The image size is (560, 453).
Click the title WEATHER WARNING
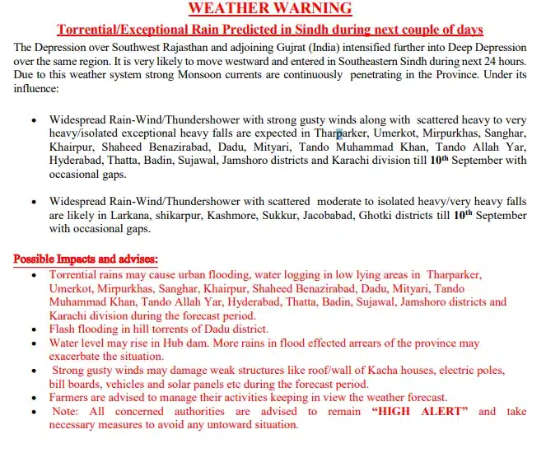pyautogui.click(x=270, y=9)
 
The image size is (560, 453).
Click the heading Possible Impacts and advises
pyautogui.click(x=86, y=259)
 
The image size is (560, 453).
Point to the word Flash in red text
pyautogui.click(x=64, y=329)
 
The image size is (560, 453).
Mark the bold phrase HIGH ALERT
pyautogui.click(x=420, y=411)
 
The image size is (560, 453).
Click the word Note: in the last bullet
pyautogui.click(x=67, y=411)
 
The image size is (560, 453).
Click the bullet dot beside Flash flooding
pyautogui.click(x=33, y=329)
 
